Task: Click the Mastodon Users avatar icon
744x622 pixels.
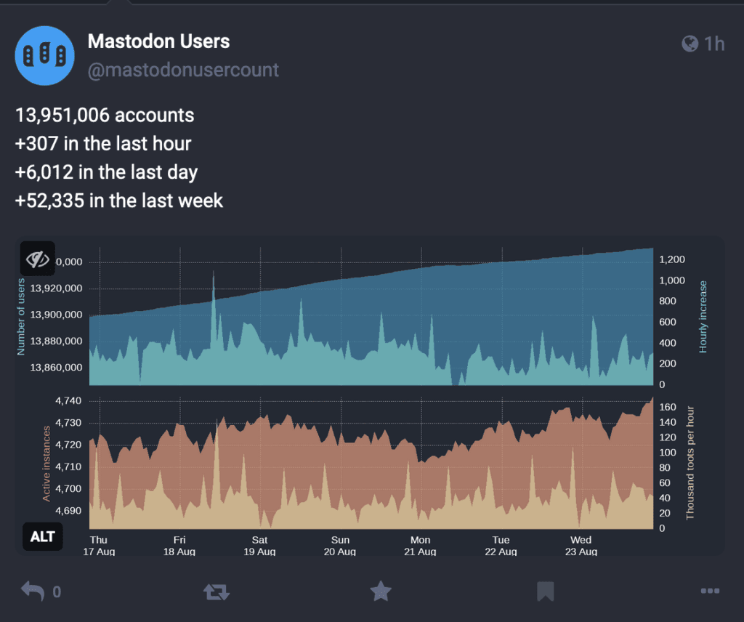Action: pyautogui.click(x=44, y=55)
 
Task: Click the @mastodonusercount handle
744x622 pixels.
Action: pyautogui.click(x=183, y=70)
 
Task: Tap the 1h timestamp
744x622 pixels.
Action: pyautogui.click(x=714, y=44)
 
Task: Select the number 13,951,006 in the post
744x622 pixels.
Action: pyautogui.click(x=62, y=116)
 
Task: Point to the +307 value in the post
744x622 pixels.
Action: pyautogui.click(x=36, y=144)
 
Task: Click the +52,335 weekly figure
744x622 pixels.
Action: pyautogui.click(x=50, y=201)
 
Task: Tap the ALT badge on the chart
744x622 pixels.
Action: pyautogui.click(x=43, y=536)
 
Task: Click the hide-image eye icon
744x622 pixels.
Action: pyautogui.click(x=38, y=259)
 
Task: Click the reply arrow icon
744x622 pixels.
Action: pyautogui.click(x=33, y=591)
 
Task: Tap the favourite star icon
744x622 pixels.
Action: pyautogui.click(x=381, y=591)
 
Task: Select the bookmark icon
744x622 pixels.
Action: pyautogui.click(x=545, y=591)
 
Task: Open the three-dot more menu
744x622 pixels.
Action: pyautogui.click(x=710, y=591)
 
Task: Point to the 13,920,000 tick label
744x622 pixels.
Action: pyautogui.click(x=56, y=288)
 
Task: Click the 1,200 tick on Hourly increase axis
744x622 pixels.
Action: pyautogui.click(x=672, y=259)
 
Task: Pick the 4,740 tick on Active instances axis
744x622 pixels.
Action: pyautogui.click(x=68, y=401)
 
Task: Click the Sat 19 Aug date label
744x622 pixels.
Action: pyautogui.click(x=259, y=546)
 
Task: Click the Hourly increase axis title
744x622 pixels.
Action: pyautogui.click(x=703, y=317)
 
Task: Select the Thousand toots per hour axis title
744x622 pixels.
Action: pyautogui.click(x=690, y=463)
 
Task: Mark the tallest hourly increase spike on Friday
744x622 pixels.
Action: pyautogui.click(x=214, y=273)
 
